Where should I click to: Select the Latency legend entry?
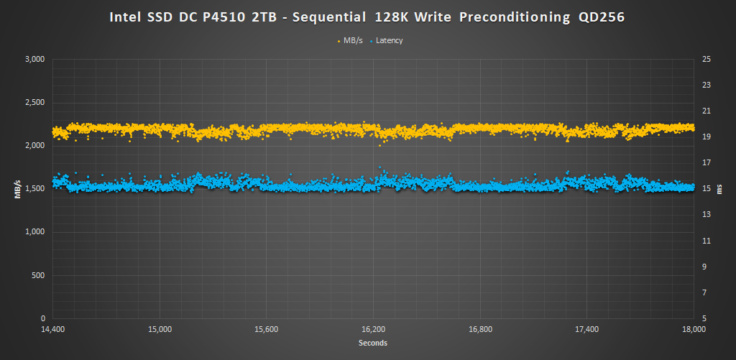389,40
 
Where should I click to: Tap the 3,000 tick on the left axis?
34,59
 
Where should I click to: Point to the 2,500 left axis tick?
34,102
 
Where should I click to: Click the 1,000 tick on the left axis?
34,232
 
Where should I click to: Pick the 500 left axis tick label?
39,275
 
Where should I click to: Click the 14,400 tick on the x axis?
52,329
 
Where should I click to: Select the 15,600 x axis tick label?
267,329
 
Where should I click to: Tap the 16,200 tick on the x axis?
374,329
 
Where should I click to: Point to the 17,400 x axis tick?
587,329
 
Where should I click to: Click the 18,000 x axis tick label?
694,329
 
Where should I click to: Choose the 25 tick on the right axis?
706,59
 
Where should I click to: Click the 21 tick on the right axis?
706,111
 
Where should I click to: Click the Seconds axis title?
373,343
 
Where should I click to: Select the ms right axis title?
721,188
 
